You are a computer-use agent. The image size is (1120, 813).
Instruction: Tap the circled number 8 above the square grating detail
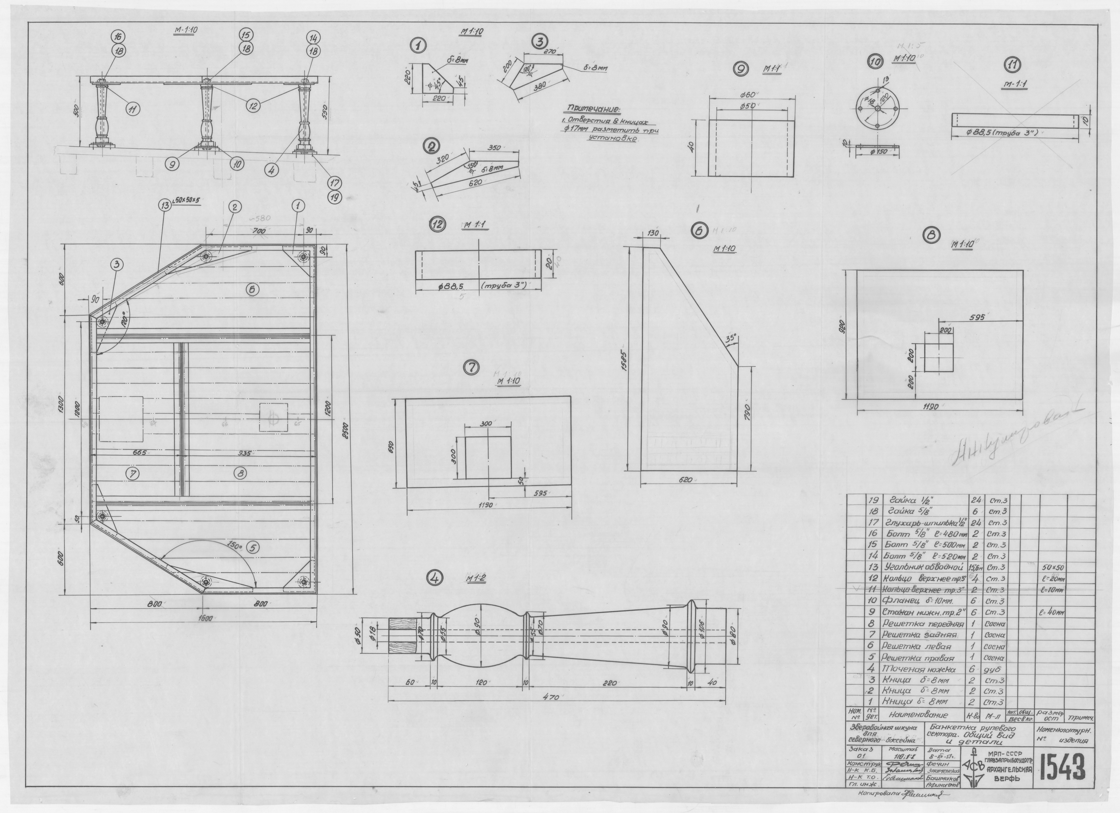(932, 236)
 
